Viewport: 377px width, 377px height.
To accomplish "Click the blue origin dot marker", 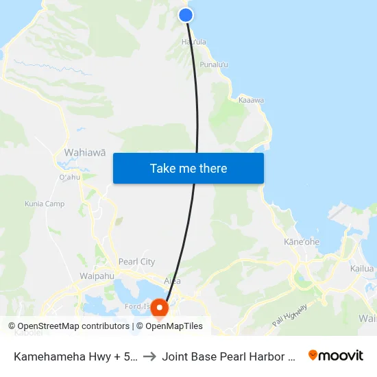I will [x=186, y=15].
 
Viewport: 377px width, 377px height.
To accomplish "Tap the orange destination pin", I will [x=159, y=308].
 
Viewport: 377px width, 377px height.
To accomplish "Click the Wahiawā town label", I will [x=84, y=152].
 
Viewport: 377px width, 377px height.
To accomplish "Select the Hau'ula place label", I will [x=193, y=42].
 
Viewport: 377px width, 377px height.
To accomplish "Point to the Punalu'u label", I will [x=214, y=64].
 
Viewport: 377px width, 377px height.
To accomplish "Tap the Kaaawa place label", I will [x=251, y=100].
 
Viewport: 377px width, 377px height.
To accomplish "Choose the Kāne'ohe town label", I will [x=302, y=242].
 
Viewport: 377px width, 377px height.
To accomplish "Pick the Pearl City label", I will [x=136, y=261].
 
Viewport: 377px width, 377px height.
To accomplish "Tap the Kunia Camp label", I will [x=45, y=204].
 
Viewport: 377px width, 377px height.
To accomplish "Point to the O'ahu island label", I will [x=70, y=178].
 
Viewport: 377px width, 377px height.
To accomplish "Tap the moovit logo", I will [x=336, y=355].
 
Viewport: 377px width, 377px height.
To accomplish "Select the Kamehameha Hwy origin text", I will [x=75, y=356].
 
